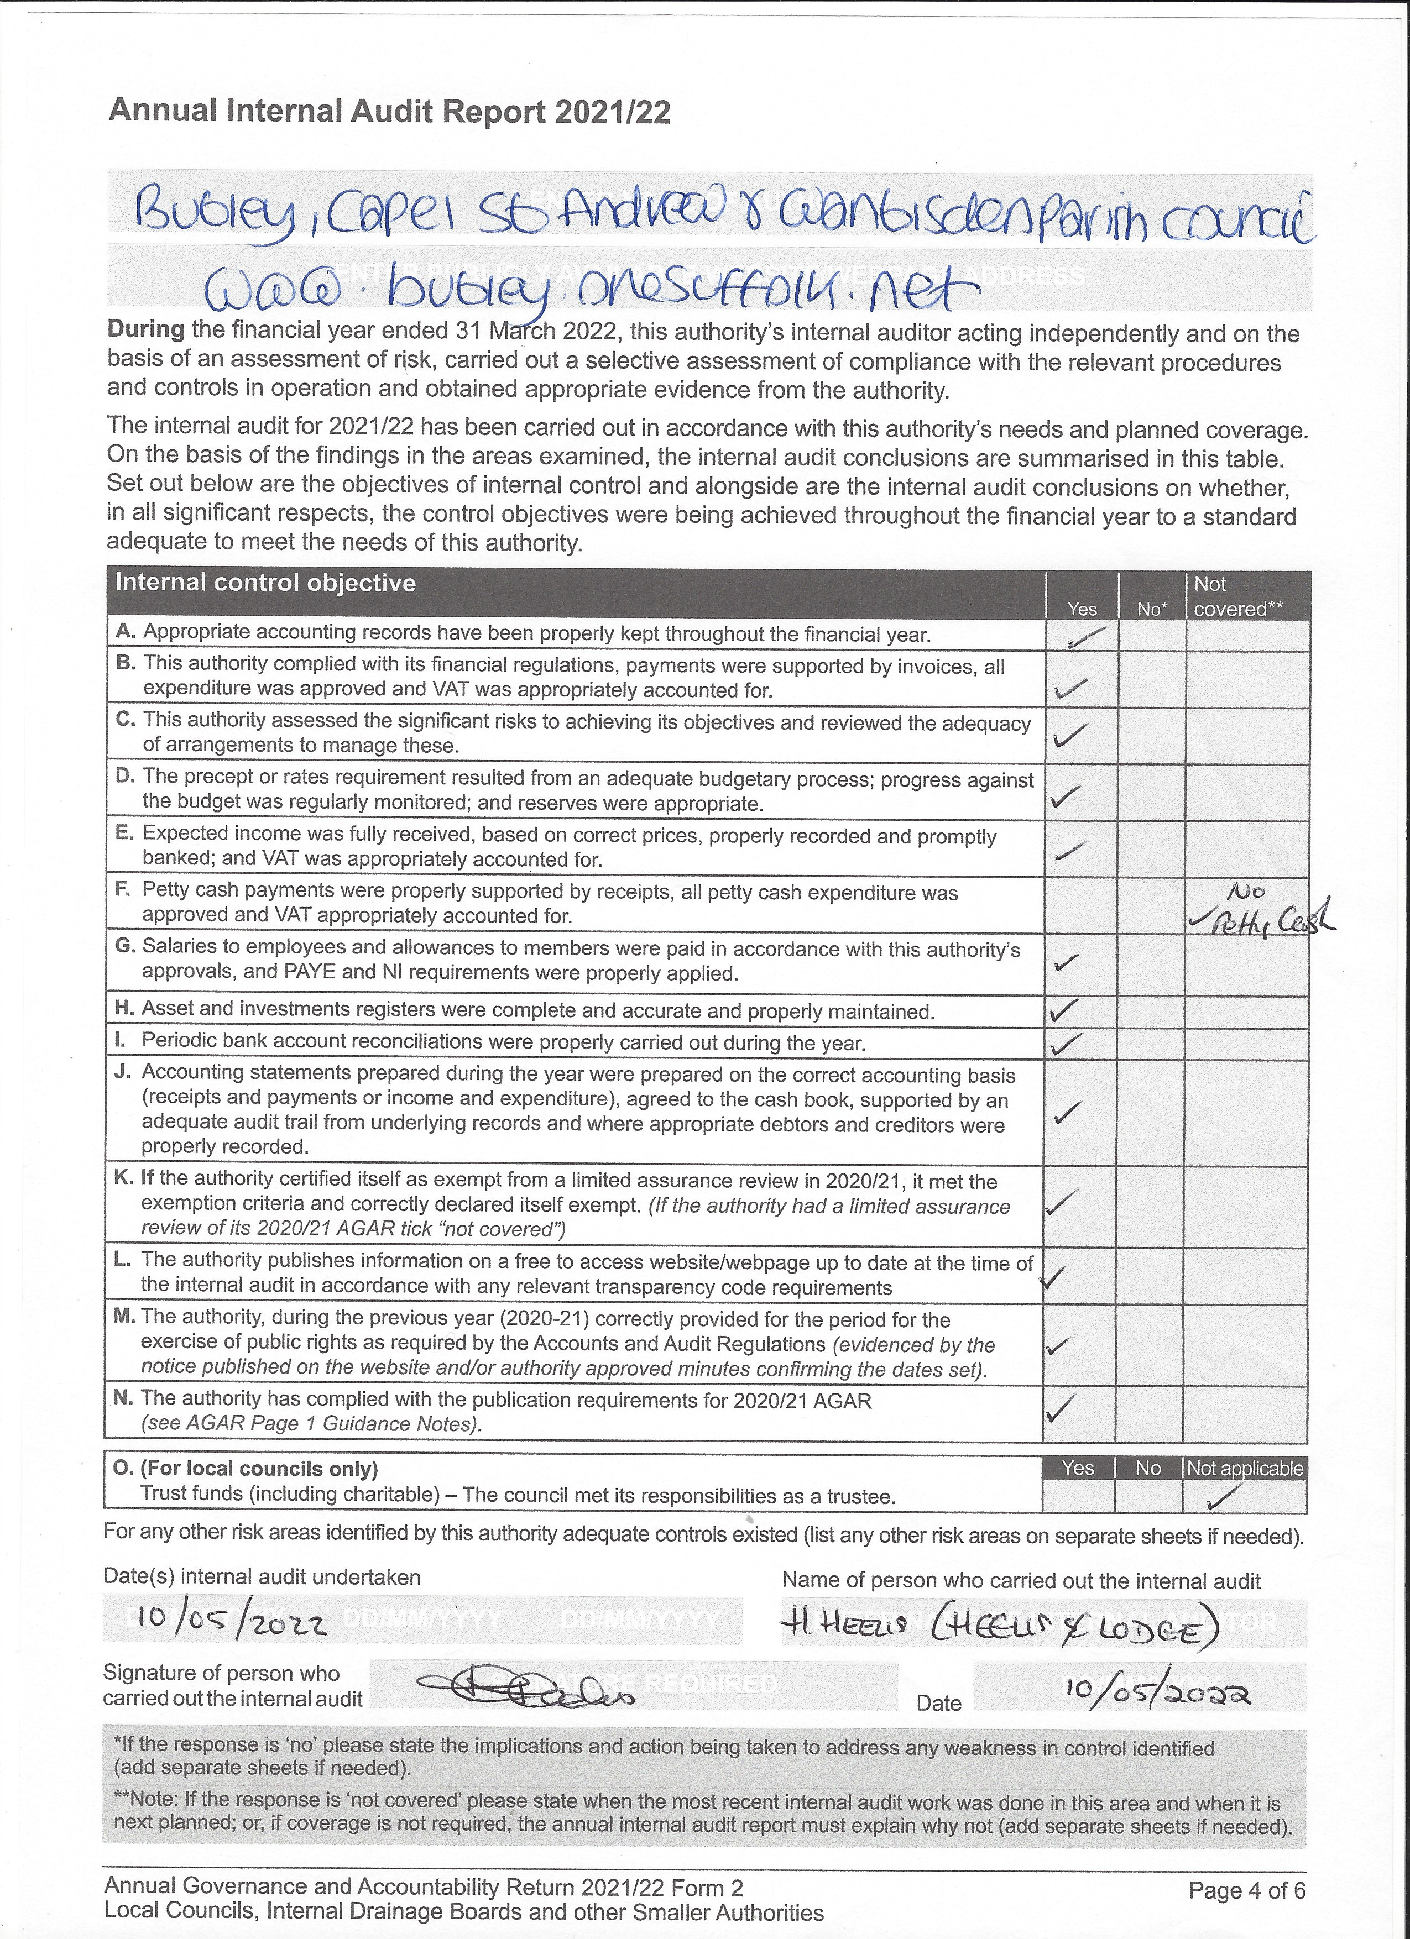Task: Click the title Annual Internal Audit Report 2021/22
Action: click(x=389, y=112)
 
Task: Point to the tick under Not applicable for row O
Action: click(x=1226, y=1495)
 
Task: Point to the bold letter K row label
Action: click(x=122, y=1179)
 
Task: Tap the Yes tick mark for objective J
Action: click(x=1067, y=1112)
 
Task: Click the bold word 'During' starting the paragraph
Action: click(x=145, y=330)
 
